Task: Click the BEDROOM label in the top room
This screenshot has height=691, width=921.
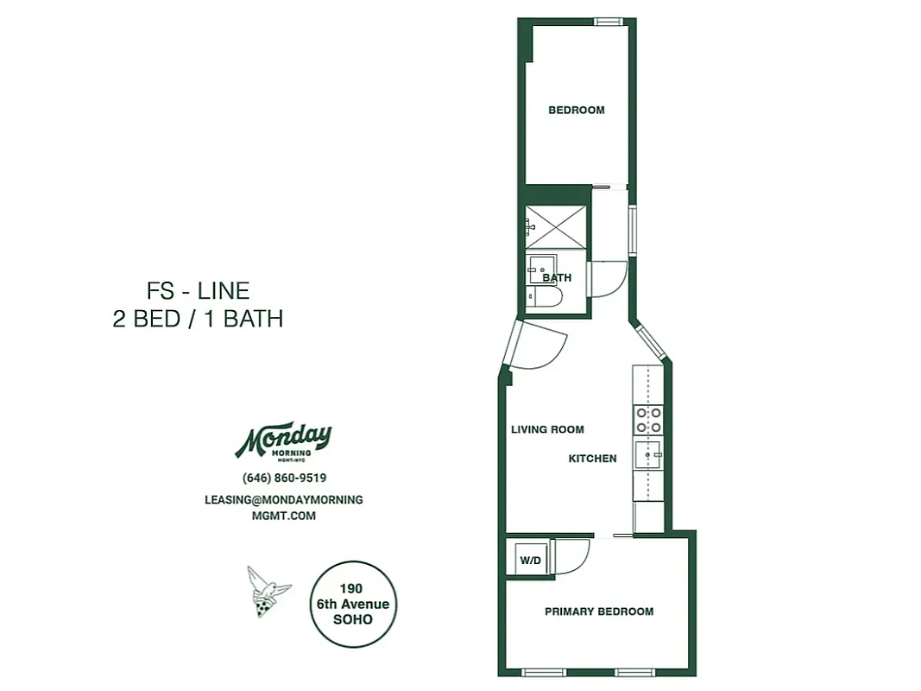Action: pyautogui.click(x=577, y=110)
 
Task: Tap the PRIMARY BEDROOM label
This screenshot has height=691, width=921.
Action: pyautogui.click(x=598, y=612)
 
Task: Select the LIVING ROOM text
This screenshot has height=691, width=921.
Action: pyautogui.click(x=547, y=429)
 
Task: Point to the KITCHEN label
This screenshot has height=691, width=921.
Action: pyautogui.click(x=592, y=459)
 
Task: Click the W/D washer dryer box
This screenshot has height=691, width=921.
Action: pyautogui.click(x=529, y=561)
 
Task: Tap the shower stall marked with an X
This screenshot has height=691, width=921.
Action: pyautogui.click(x=556, y=227)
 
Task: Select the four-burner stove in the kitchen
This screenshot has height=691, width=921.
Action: pyautogui.click(x=648, y=420)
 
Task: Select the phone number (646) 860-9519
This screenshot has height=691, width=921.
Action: pyautogui.click(x=284, y=478)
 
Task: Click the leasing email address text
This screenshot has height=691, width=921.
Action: pyautogui.click(x=284, y=507)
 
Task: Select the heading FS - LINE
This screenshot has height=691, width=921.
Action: pyautogui.click(x=198, y=290)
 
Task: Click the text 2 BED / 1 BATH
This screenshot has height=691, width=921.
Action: pyautogui.click(x=198, y=319)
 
